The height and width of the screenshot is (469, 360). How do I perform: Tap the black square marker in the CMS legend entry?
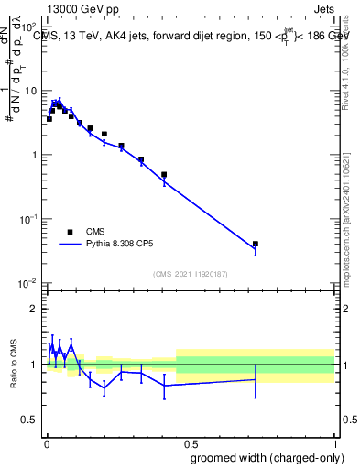[70, 232]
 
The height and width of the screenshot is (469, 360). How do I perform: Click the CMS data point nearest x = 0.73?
[256, 245]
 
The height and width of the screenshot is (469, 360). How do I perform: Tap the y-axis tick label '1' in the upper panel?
[35, 155]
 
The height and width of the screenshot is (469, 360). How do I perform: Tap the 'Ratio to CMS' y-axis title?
[14, 364]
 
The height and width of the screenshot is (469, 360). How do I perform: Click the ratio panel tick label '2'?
[35, 309]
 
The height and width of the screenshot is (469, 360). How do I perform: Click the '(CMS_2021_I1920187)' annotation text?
[190, 273]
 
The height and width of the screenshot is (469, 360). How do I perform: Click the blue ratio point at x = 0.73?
[256, 379]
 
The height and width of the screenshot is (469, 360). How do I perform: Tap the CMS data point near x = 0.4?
[164, 175]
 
